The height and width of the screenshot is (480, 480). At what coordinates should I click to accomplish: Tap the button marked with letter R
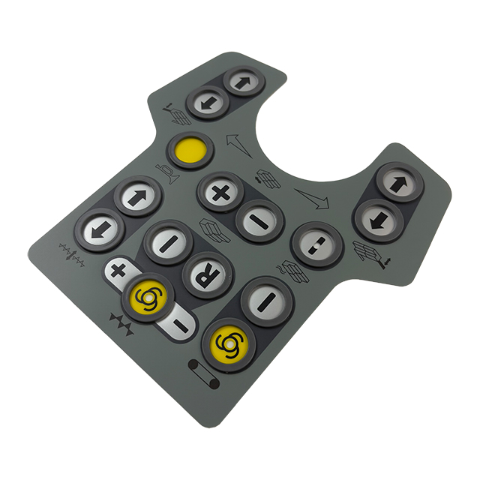point(207,274)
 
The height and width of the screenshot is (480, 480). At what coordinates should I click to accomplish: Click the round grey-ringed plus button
point(220,192)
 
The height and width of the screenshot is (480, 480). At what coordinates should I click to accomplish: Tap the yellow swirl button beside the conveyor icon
point(229,345)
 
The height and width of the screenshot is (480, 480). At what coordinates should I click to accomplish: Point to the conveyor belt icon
point(204,373)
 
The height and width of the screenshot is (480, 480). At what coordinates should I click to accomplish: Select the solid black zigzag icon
point(121,324)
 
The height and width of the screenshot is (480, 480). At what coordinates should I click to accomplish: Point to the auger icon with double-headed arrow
point(72,255)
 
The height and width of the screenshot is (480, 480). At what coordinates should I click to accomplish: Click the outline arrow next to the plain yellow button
point(238,145)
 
